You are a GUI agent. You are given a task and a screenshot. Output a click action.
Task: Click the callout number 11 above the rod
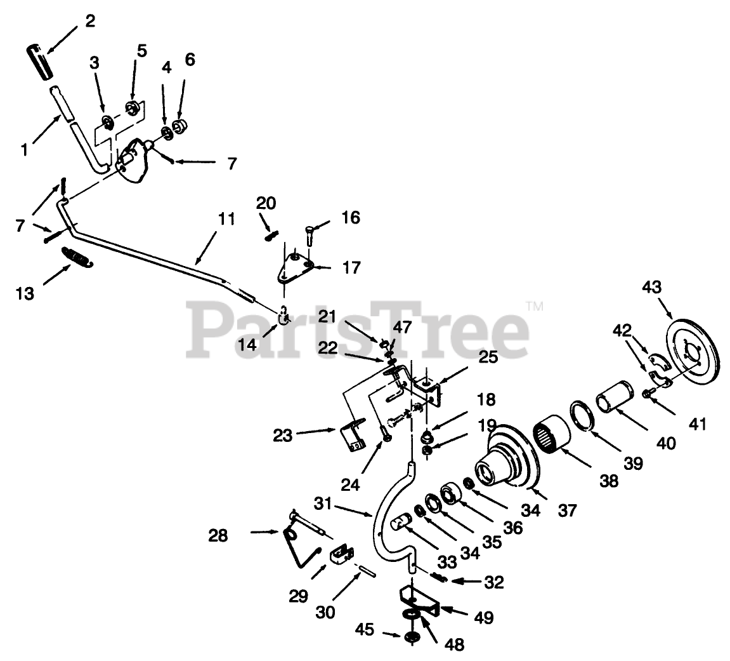click(x=226, y=220)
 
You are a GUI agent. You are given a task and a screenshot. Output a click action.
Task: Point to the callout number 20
click(x=266, y=203)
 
